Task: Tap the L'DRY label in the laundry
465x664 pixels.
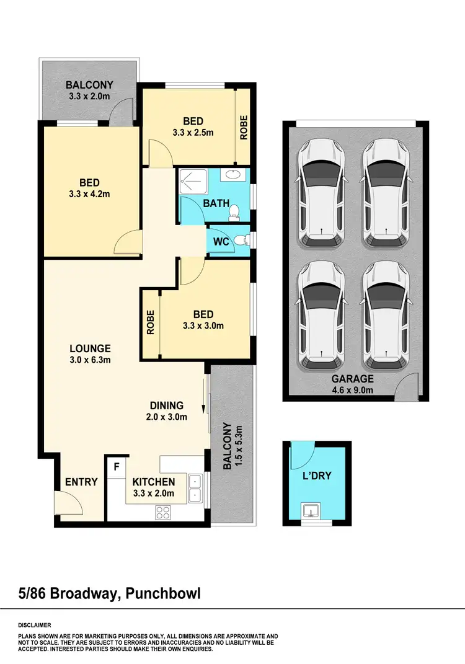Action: coord(317,476)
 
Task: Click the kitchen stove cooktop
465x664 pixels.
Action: coord(163,512)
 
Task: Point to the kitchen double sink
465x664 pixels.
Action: coord(195,488)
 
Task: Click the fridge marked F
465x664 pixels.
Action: coord(115,465)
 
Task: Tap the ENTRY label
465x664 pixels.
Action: coord(81,482)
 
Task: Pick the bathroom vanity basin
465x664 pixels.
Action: coord(234,175)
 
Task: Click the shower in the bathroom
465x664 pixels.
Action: coord(192,181)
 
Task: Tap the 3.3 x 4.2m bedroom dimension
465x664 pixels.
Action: coord(90,194)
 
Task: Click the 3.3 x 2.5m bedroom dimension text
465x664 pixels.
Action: coord(193,133)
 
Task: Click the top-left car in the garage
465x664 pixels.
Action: coord(322,192)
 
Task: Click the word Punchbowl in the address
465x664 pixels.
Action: coord(163,594)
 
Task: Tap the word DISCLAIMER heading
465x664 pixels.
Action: coord(35,625)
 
